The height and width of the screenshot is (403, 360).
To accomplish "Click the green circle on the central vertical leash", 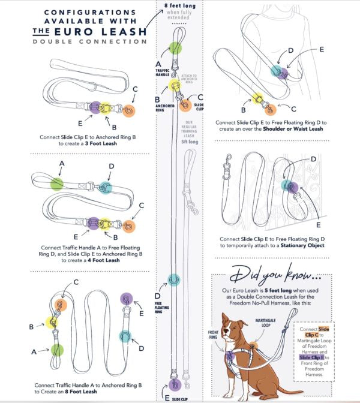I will point(175,49).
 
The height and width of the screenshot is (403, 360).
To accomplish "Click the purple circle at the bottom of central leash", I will point(176,384).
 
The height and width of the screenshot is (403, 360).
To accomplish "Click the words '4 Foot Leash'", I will point(104,260).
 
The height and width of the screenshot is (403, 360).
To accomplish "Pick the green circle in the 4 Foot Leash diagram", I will point(56,184).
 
